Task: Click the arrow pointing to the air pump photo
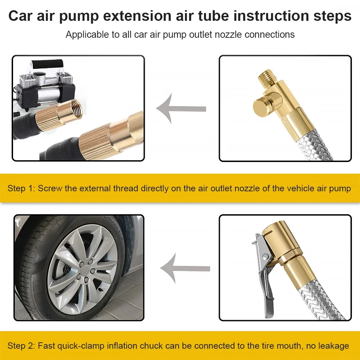[x=180, y=108]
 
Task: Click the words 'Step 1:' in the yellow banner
[x=21, y=188]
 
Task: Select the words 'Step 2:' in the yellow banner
[x=21, y=346]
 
